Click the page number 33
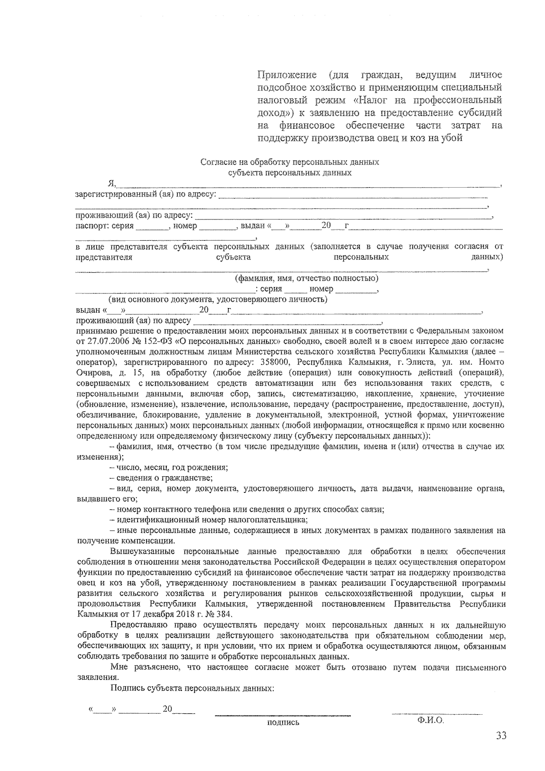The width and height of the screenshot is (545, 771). point(501,736)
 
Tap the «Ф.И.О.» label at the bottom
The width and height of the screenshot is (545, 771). point(431,721)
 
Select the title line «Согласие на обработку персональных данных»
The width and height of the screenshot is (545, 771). point(290,162)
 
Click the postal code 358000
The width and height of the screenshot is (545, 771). point(272,363)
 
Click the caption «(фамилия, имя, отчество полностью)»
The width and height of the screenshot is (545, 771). point(306,278)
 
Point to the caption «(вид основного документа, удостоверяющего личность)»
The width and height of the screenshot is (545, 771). point(218,299)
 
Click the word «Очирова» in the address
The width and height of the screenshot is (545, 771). point(92,373)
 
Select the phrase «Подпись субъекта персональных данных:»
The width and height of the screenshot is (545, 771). point(192,688)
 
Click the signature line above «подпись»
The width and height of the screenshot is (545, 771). point(282,716)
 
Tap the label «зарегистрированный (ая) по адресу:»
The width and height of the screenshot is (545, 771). point(145,195)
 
